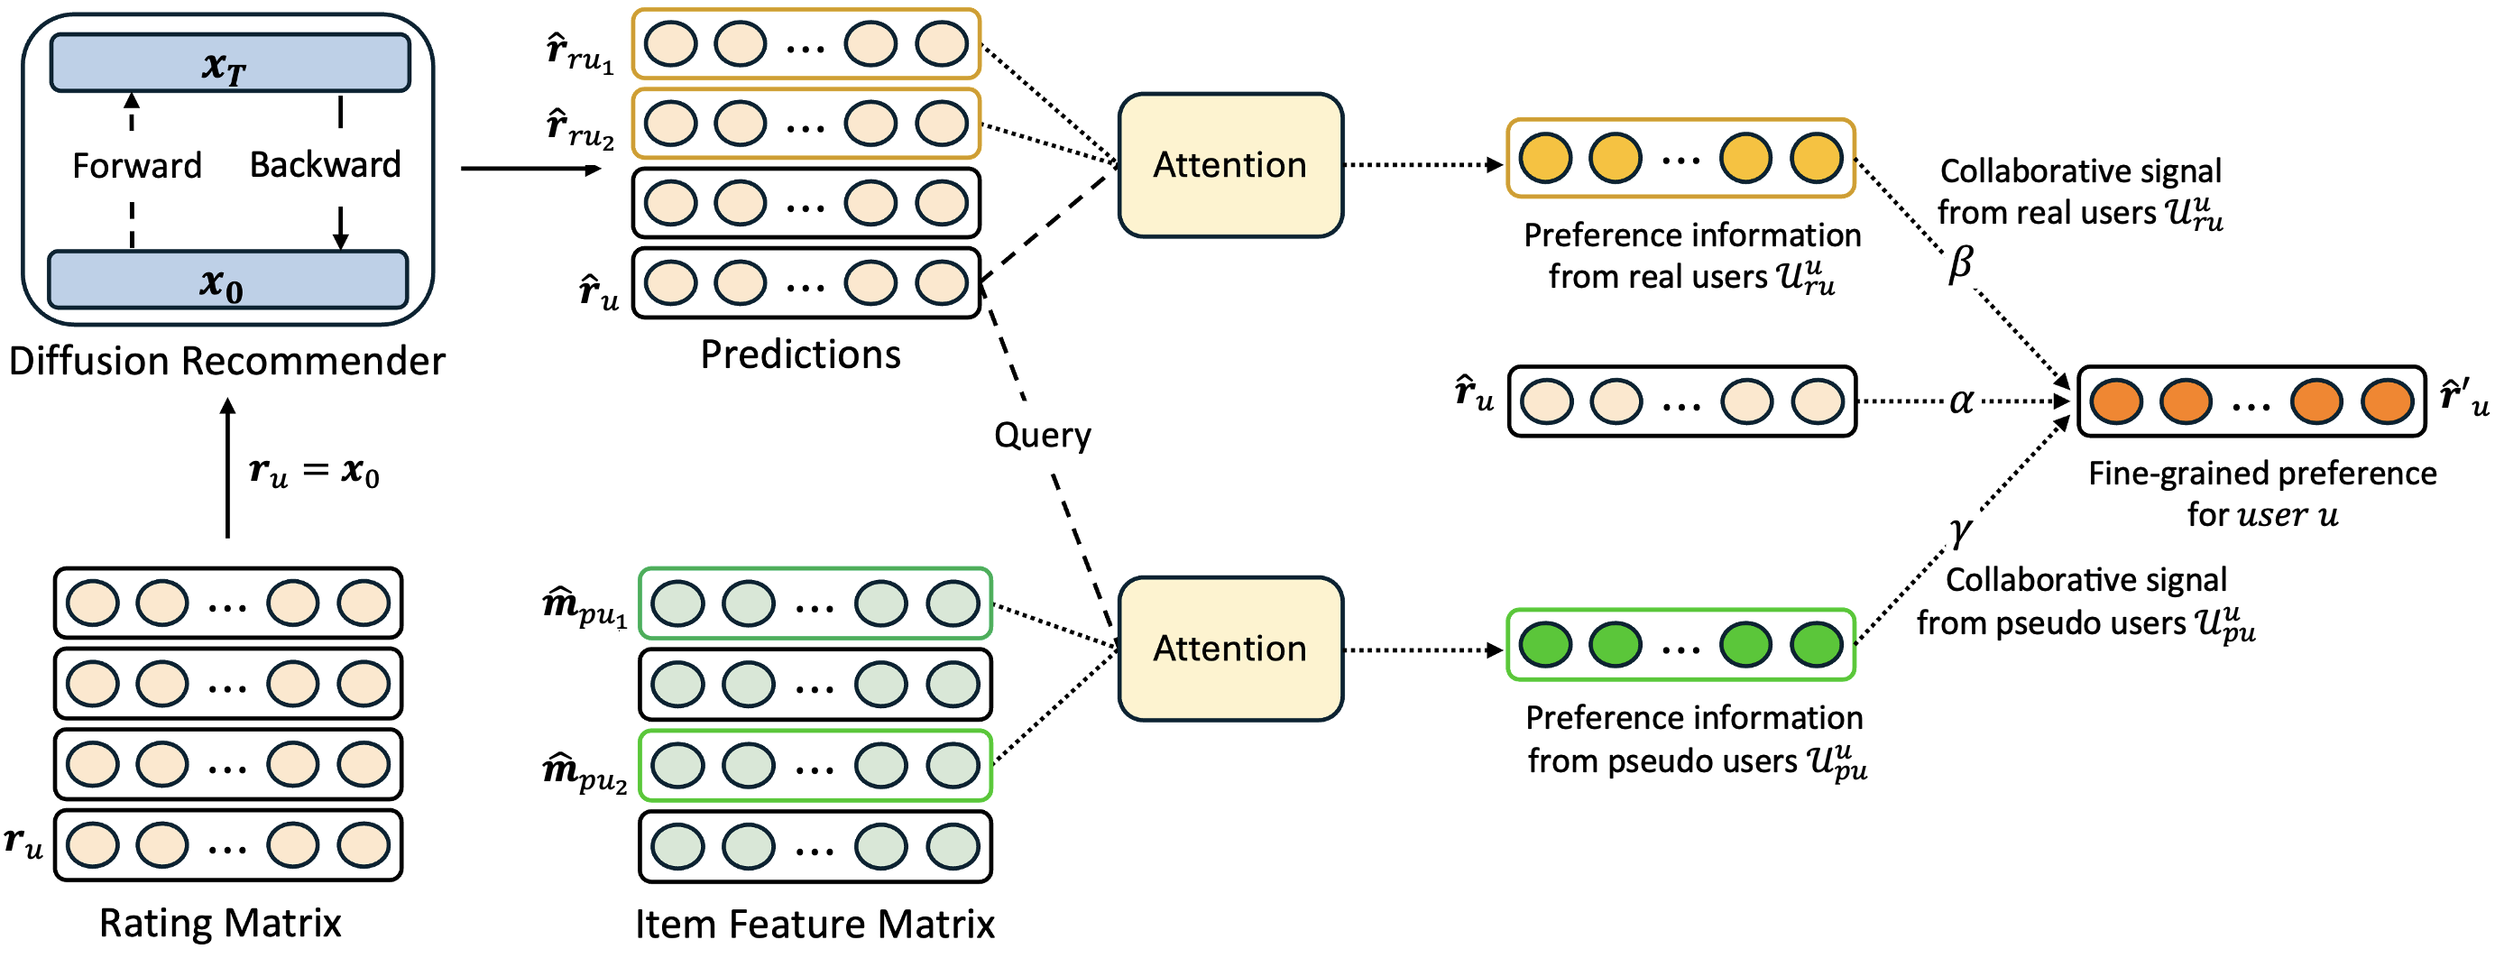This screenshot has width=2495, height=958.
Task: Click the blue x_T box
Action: (x=229, y=64)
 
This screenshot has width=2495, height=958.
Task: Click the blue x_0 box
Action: (x=227, y=281)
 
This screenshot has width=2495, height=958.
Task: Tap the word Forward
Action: (x=136, y=166)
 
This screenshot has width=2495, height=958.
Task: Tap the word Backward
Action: (x=325, y=165)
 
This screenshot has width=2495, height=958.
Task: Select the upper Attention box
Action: (x=1230, y=165)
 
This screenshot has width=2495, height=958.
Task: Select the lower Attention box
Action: (x=1230, y=648)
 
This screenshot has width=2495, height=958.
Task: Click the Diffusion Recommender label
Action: (x=226, y=362)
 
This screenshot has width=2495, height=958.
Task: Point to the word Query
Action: (x=1042, y=435)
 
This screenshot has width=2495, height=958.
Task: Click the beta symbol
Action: (x=1960, y=263)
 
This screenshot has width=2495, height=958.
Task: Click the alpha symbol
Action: (x=1961, y=400)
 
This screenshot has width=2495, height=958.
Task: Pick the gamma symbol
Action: (x=1960, y=530)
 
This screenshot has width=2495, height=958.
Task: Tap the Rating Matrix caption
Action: (x=220, y=923)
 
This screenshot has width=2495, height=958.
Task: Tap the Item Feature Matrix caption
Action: (x=815, y=924)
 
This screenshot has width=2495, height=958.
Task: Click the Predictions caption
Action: (x=800, y=355)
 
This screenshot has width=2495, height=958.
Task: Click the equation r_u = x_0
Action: (x=314, y=472)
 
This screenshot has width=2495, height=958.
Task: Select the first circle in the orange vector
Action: (x=2116, y=401)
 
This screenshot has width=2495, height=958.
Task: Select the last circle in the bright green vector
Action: (x=1816, y=645)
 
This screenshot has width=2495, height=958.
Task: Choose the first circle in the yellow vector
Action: (x=1545, y=159)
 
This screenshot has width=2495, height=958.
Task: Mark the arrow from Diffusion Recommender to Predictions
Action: (x=529, y=169)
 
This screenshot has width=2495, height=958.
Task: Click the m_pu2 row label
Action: (x=584, y=773)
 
